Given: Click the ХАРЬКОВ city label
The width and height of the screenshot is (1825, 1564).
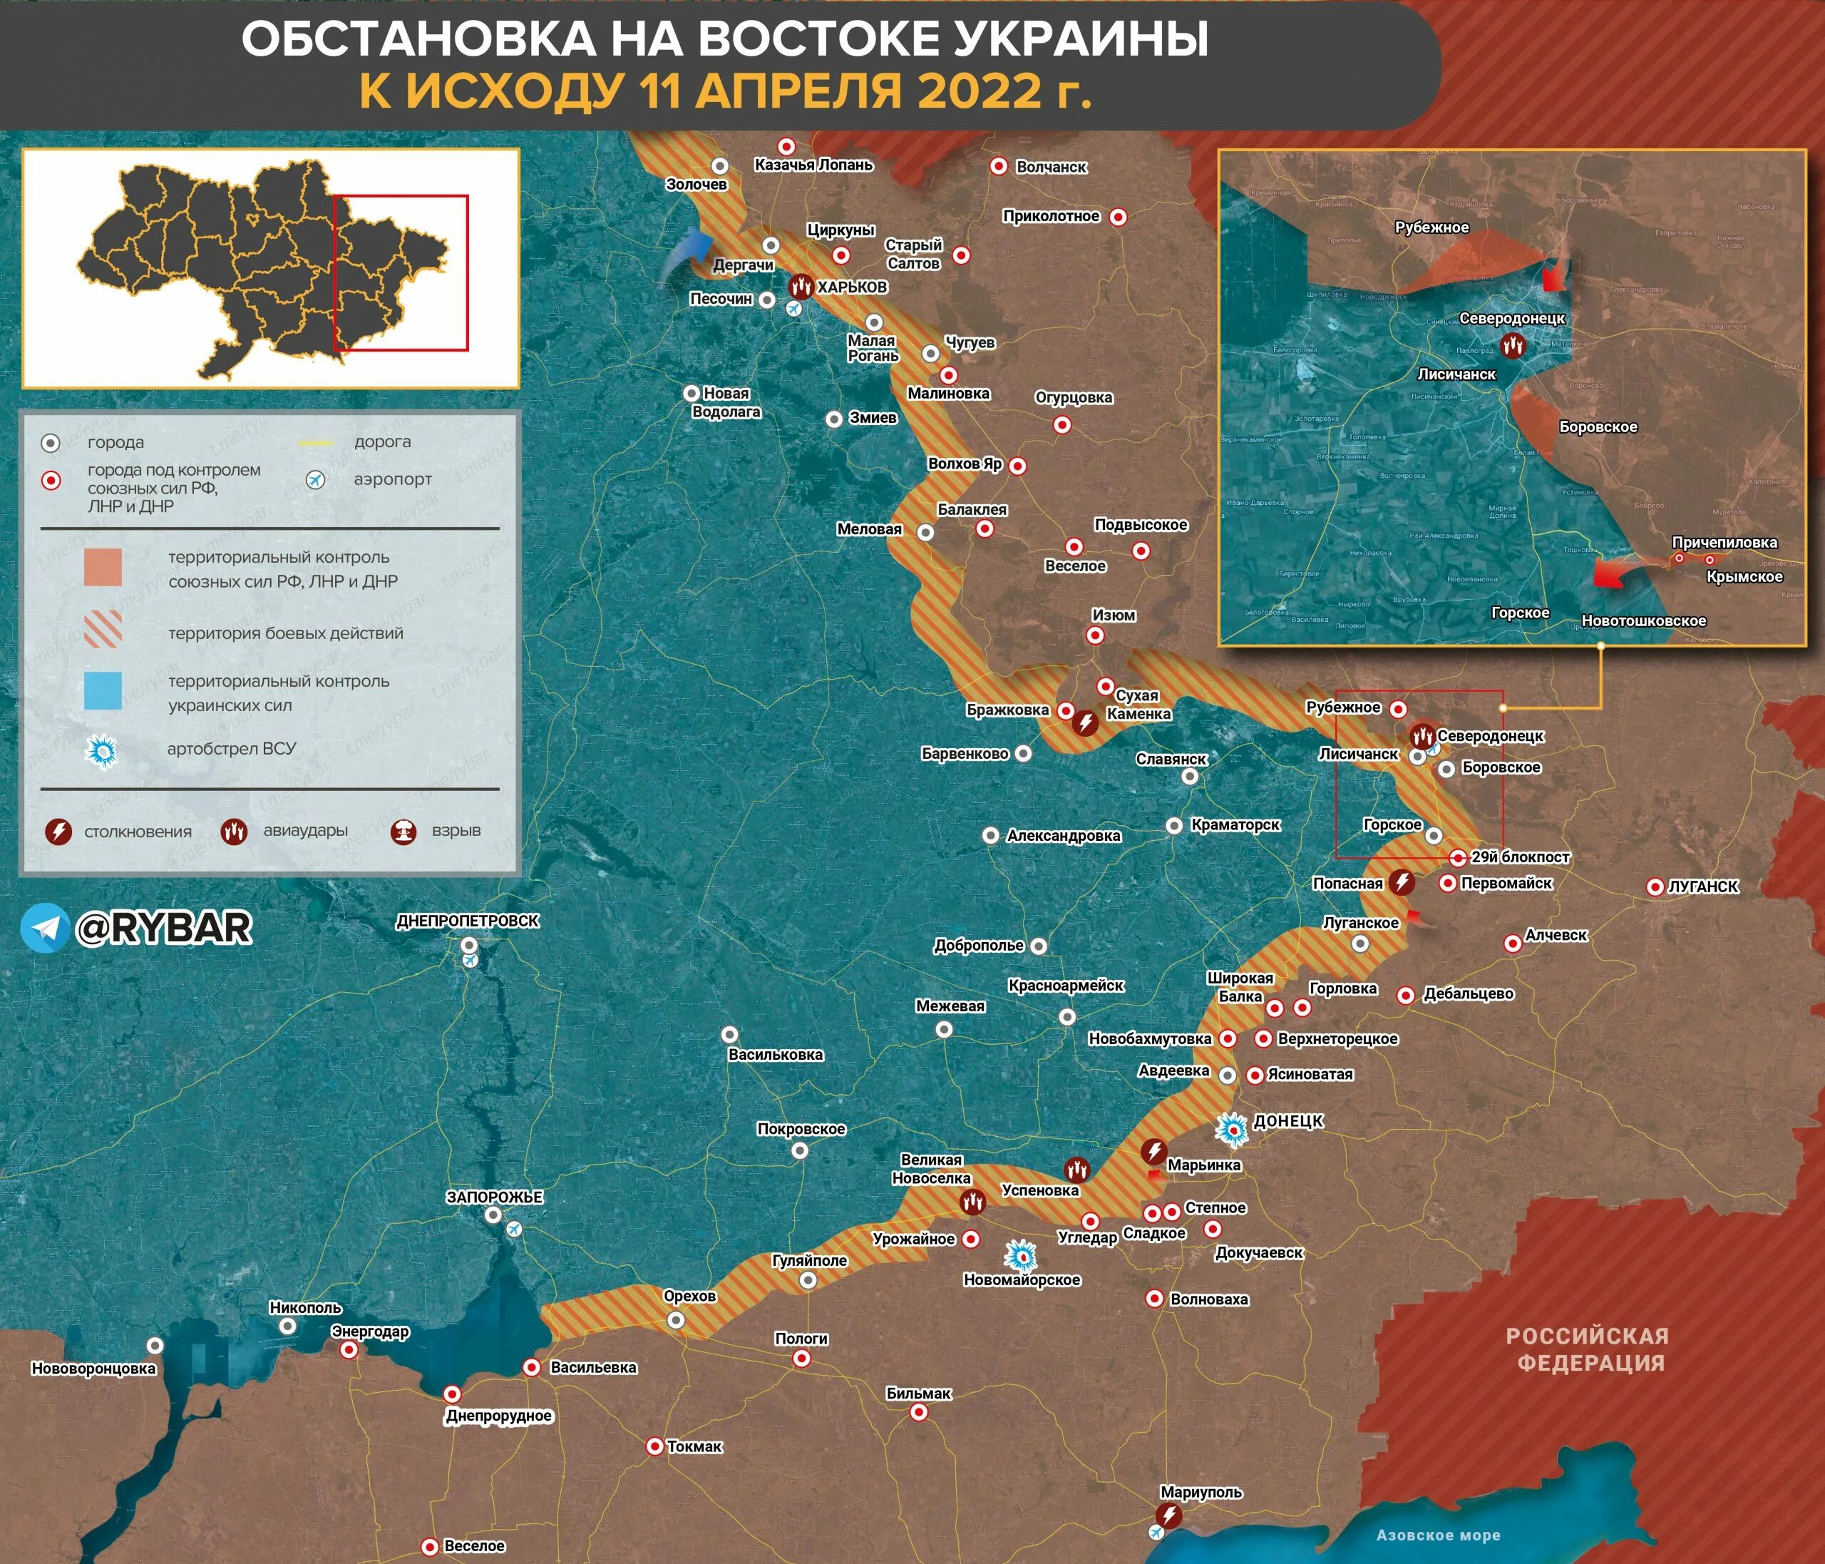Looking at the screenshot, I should click(852, 287).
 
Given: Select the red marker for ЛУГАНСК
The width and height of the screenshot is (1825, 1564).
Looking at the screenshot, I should click(1655, 887).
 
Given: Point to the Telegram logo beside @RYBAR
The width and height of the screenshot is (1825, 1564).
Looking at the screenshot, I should click(45, 928).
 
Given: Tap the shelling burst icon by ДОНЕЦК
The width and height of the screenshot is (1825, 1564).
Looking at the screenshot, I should click(1232, 1130).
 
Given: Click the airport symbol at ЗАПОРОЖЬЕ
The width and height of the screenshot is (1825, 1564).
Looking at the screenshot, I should click(515, 1228).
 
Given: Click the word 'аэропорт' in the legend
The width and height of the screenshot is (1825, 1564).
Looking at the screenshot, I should click(393, 479).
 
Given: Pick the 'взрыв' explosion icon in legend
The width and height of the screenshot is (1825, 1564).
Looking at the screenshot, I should click(403, 830).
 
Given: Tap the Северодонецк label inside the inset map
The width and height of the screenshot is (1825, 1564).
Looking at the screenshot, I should click(1511, 318).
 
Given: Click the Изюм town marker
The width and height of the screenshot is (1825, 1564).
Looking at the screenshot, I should click(1095, 635).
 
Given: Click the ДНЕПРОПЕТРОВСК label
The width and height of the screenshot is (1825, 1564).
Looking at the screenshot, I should click(468, 921).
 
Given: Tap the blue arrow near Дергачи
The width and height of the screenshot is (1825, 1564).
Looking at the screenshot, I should click(687, 254).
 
